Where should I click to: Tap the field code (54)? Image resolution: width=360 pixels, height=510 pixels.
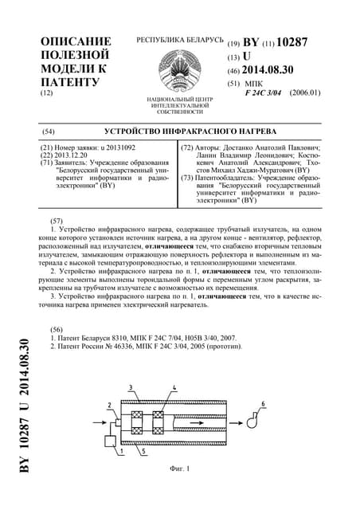tap(48, 130)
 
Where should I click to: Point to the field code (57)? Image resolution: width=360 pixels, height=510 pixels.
tap(56, 219)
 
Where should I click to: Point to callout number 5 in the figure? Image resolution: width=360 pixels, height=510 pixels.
tap(142, 451)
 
